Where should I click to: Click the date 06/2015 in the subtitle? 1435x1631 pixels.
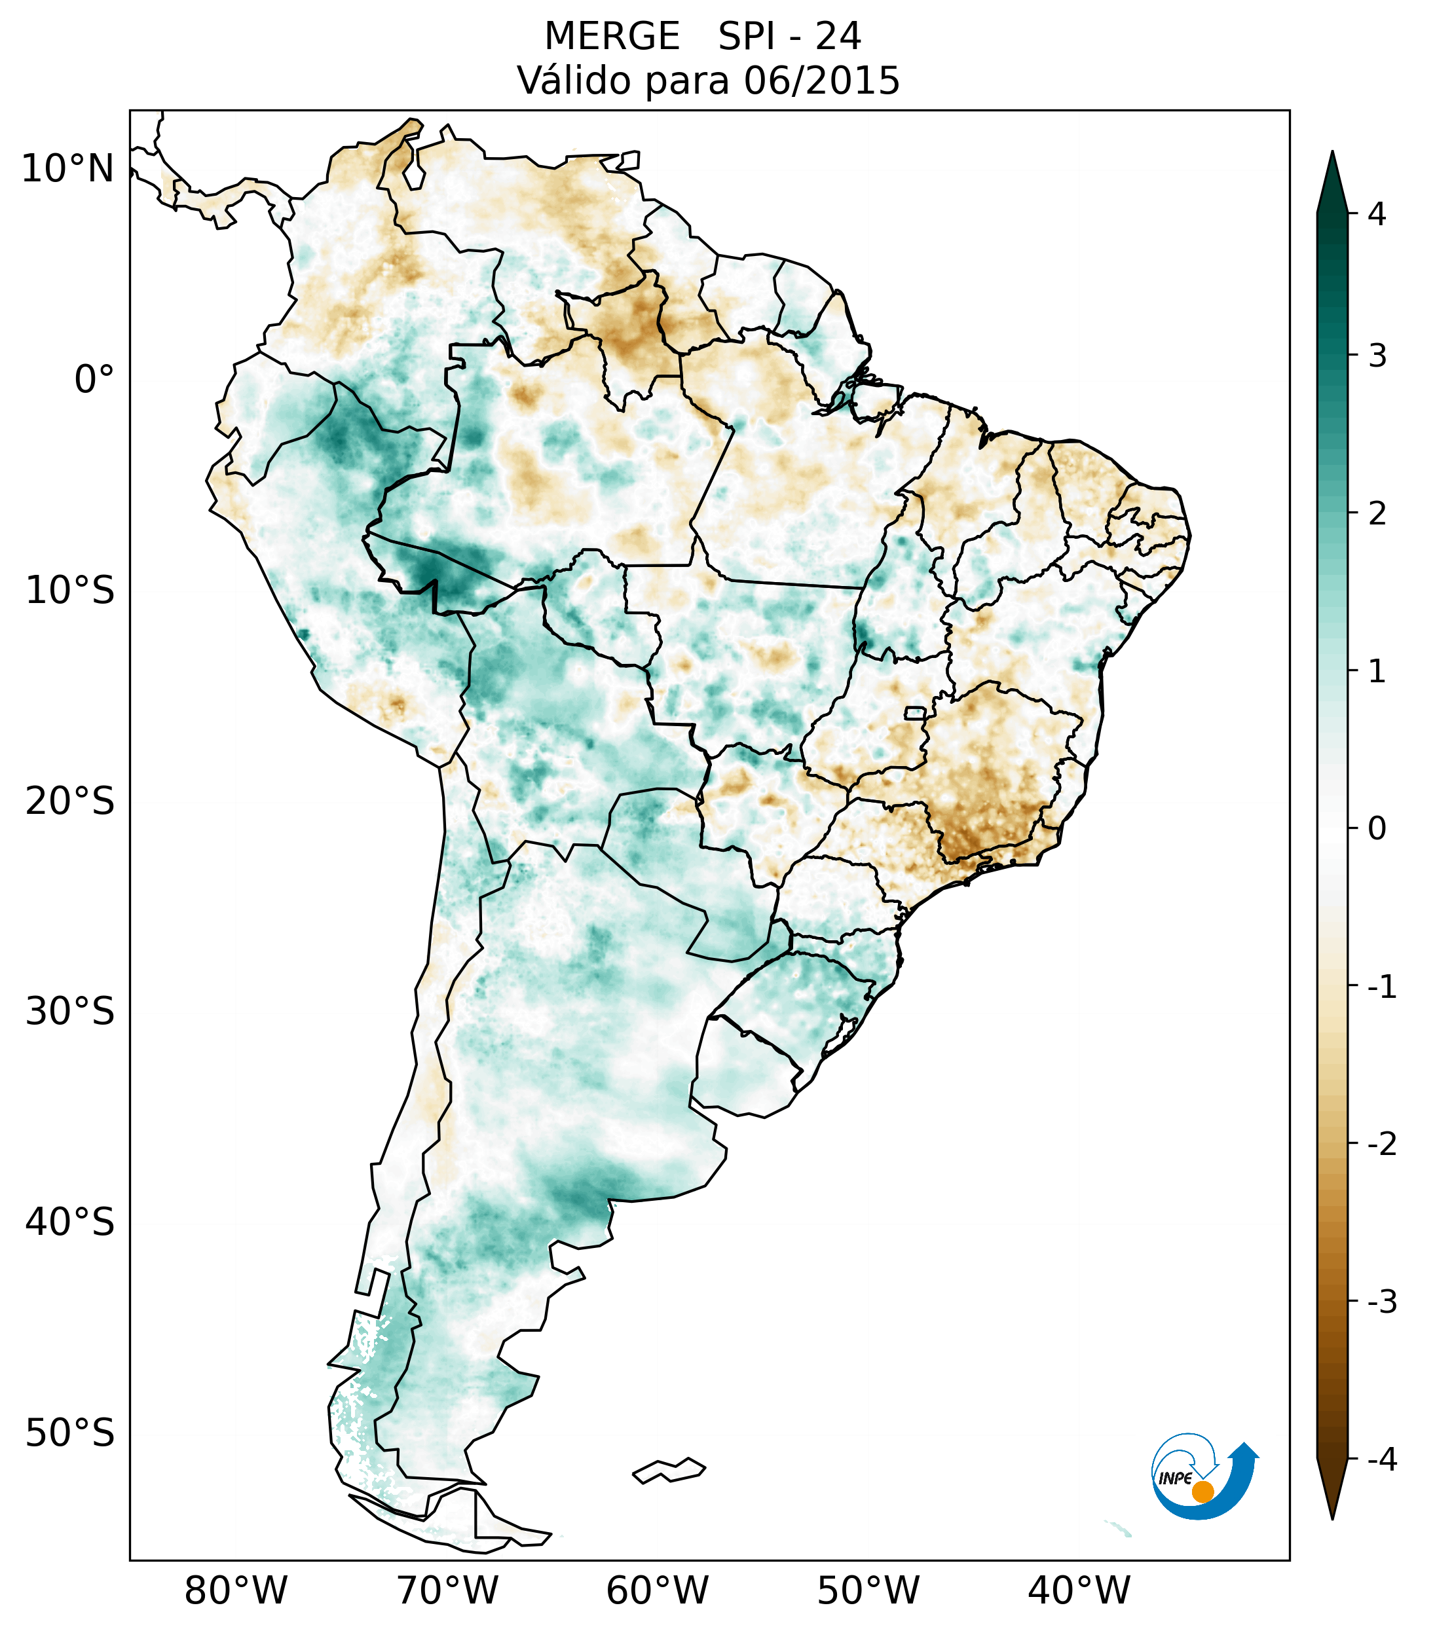coord(821,81)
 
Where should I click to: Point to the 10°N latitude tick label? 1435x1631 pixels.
coord(68,169)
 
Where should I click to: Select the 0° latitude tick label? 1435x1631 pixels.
coord(94,380)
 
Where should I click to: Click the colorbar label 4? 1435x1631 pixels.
coord(1377,214)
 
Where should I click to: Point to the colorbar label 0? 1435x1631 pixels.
coord(1377,829)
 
